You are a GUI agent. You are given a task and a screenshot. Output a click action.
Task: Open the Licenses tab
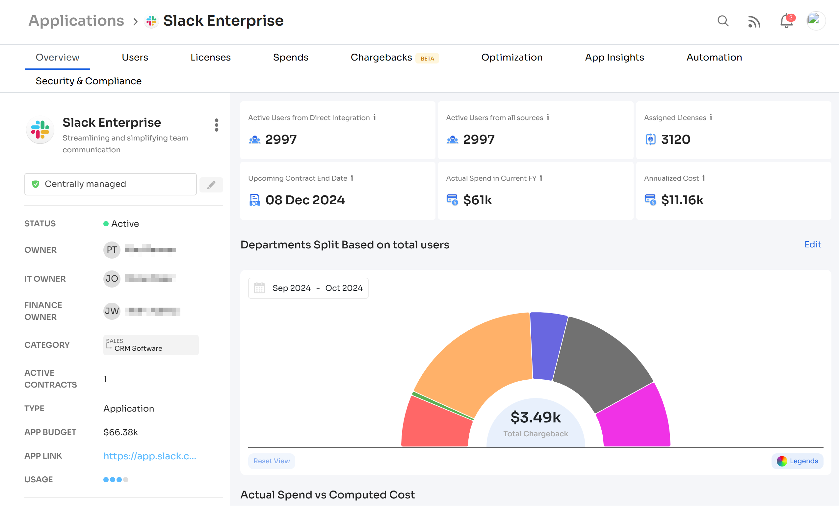point(210,57)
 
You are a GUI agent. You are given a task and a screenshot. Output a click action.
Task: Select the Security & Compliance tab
point(89,81)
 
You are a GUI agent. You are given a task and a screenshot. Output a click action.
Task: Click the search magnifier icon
point(722,21)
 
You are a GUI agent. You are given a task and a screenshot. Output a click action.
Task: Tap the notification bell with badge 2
point(786,21)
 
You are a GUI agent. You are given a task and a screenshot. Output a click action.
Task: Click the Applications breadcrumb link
point(76,21)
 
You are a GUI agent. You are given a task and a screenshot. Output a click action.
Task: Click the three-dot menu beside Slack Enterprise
point(217,125)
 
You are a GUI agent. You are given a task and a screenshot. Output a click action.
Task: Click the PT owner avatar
point(112,250)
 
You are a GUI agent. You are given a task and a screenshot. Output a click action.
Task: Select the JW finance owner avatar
point(112,311)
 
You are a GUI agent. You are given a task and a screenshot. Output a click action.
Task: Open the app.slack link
point(150,456)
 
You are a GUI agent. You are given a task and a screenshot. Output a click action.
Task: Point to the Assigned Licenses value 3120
point(675,139)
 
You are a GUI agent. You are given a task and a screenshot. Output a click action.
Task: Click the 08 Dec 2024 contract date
point(305,200)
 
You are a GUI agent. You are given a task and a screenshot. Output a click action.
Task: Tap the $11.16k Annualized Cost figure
point(682,200)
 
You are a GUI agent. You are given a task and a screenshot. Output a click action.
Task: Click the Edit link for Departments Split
point(812,244)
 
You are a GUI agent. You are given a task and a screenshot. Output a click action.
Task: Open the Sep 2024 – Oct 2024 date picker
point(308,288)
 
